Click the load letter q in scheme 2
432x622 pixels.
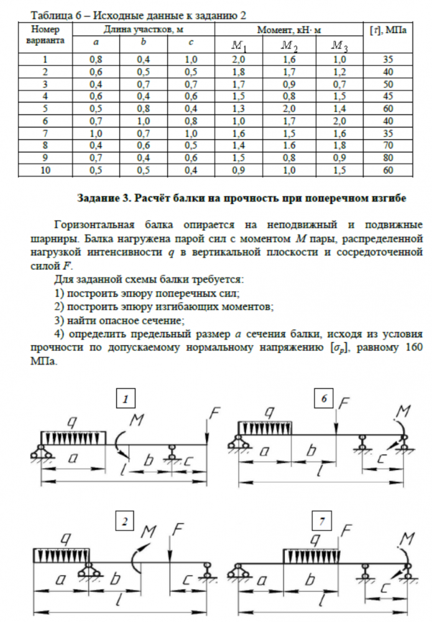[x=59, y=536]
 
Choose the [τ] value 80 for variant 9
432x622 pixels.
[x=388, y=157]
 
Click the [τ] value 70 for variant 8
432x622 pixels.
[x=388, y=146]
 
